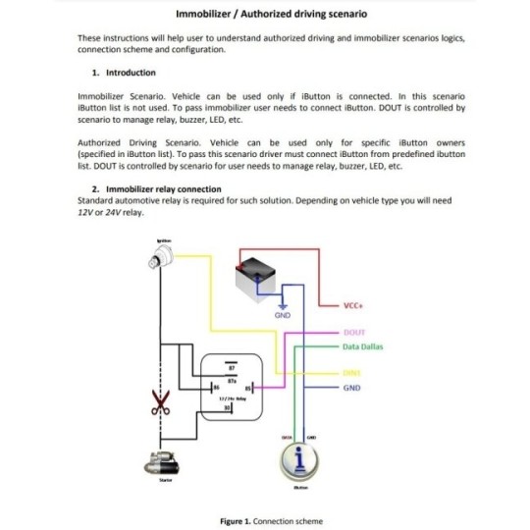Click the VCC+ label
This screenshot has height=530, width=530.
click(355, 305)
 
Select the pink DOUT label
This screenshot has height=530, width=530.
click(353, 333)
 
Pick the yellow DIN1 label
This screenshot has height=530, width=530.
click(353, 373)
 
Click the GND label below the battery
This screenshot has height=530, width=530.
click(282, 314)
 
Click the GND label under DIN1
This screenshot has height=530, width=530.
click(352, 388)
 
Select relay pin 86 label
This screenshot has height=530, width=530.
click(214, 389)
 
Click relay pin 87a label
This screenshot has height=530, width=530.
click(231, 379)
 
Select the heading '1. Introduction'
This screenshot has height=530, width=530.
click(124, 72)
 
